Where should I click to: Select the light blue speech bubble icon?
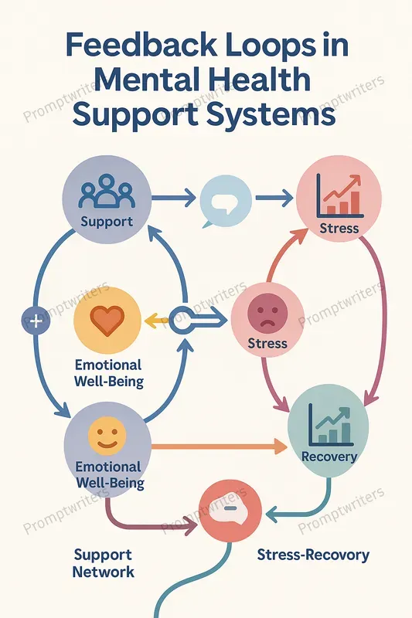(225, 202)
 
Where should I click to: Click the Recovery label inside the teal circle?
(329, 457)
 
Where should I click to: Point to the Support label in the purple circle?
(107, 222)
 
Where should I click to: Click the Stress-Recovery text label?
(313, 555)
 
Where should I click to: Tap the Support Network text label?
(104, 564)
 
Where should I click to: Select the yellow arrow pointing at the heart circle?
(157, 321)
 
